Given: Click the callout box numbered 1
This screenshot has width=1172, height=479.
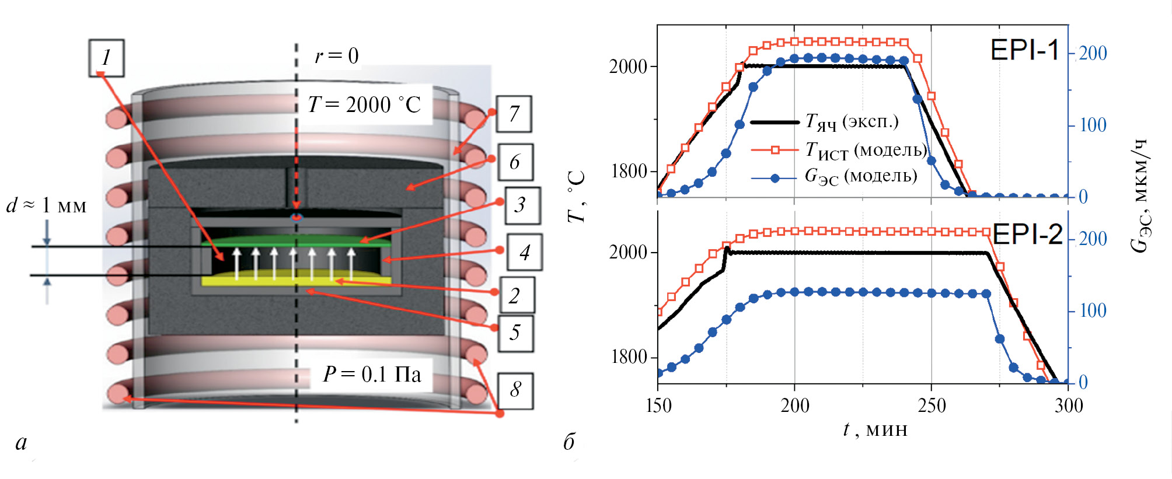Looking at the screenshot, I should tap(106, 58).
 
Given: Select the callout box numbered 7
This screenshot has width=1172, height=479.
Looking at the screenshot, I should tap(514, 114).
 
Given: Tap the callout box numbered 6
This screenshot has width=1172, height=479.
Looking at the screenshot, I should tap(515, 162).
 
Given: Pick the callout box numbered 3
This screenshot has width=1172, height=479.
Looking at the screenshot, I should tap(522, 205).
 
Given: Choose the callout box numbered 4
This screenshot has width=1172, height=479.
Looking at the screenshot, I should tap(524, 252).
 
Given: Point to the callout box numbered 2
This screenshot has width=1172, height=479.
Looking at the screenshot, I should tap(516, 296).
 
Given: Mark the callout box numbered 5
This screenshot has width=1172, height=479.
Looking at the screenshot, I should tap(515, 333).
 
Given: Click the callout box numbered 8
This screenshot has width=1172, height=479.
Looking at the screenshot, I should tap(515, 390).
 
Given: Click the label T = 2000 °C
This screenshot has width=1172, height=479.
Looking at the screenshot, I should tap(364, 105).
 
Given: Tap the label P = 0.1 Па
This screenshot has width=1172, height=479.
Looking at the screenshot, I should tap(372, 374).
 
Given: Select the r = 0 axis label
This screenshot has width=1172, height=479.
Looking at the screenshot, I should tap(336, 56).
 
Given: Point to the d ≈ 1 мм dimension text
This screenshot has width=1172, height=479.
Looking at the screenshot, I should tap(47, 205).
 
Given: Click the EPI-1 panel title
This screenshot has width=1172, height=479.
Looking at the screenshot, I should tap(1024, 50).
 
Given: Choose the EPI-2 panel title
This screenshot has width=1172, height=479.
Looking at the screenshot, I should tap(1027, 235).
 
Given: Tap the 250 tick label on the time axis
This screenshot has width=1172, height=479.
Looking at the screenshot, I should tap(932, 405).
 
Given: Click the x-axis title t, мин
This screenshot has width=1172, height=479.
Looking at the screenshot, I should tap(875, 430).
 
